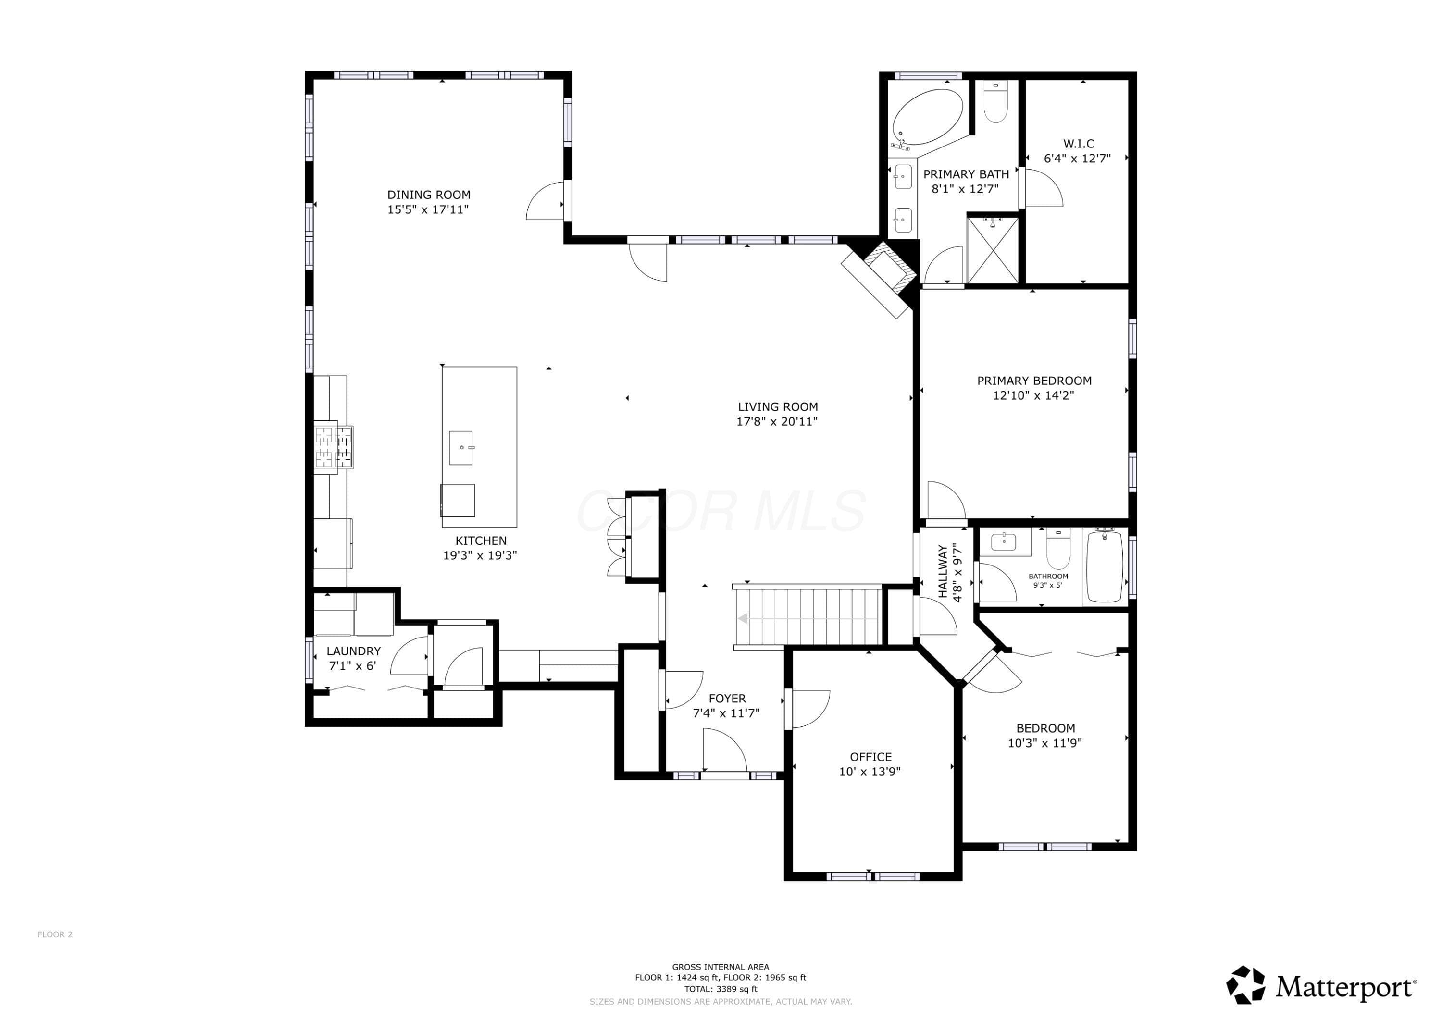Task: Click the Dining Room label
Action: (x=429, y=195)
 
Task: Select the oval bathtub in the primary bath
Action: (x=927, y=117)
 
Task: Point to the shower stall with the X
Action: (x=992, y=250)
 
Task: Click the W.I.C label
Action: (x=1078, y=144)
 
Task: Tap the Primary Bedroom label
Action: (x=1034, y=381)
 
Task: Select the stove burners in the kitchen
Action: (x=333, y=446)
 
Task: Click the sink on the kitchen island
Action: (x=461, y=448)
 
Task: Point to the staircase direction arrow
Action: (x=808, y=618)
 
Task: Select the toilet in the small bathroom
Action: (x=1058, y=548)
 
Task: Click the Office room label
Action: (x=870, y=757)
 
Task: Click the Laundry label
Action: (x=354, y=651)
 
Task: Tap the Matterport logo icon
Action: (x=1245, y=985)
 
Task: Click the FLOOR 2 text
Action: (x=55, y=934)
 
